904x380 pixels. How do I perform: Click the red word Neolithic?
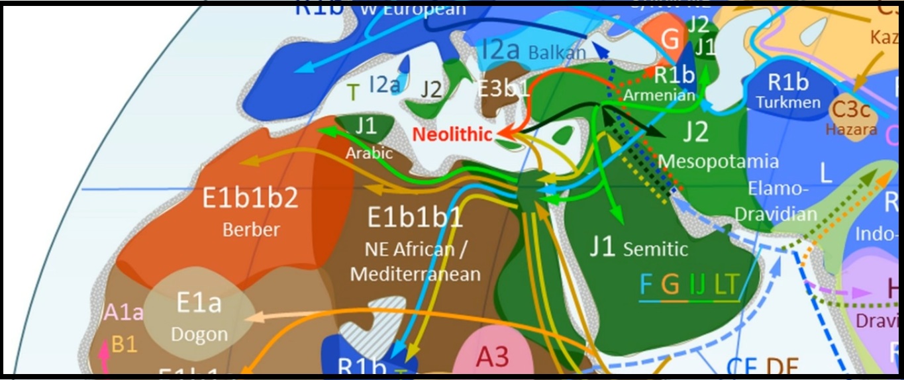coord(452,134)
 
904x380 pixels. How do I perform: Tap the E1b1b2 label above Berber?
coord(250,198)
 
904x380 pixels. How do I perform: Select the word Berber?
coord(251,230)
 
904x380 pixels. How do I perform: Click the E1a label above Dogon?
coord(199,303)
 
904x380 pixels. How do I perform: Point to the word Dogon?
coord(199,334)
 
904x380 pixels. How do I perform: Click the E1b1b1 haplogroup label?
coord(415,217)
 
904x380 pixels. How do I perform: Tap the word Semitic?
coord(655,249)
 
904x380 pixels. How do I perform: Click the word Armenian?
coord(659,95)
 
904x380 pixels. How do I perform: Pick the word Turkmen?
coord(788,103)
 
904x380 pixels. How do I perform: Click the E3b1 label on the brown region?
coord(505,89)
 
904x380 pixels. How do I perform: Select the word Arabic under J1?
coord(369,153)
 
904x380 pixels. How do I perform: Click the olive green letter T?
coord(353,92)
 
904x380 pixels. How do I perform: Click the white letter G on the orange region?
coord(670,40)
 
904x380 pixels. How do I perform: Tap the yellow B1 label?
coord(124,344)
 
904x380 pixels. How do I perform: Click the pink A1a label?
coord(123,312)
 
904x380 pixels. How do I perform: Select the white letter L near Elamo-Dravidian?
coord(825,174)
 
